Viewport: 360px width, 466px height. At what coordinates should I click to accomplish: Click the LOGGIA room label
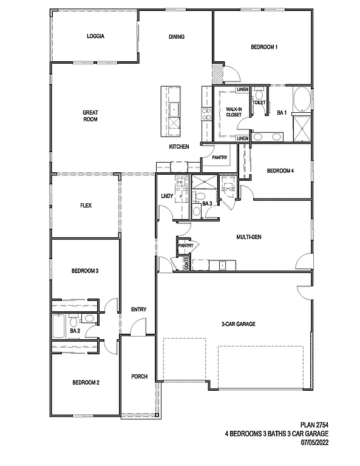[x=95, y=36]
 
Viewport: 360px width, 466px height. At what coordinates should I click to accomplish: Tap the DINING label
[x=177, y=36]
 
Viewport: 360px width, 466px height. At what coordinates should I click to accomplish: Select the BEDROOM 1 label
[x=264, y=47]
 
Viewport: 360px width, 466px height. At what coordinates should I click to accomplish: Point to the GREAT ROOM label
[x=90, y=115]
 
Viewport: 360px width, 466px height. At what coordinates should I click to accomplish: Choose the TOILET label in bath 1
[x=259, y=103]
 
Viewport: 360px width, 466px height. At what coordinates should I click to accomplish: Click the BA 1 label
[x=281, y=112]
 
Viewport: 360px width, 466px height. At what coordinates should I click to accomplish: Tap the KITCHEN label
[x=179, y=147]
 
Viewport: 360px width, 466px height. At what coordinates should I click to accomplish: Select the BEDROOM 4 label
[x=280, y=171]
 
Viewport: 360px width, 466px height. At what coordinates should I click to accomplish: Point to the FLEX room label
[x=86, y=206]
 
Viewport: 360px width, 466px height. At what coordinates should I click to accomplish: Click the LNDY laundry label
[x=167, y=196]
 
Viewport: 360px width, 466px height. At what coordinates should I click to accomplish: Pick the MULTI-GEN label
[x=249, y=237]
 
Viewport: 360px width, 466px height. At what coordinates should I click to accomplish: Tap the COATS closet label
[x=186, y=263]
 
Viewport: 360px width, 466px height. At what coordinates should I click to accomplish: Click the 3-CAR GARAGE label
[x=238, y=324]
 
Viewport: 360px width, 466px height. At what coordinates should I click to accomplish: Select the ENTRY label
[x=138, y=309]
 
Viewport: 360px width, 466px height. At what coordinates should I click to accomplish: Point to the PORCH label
[x=140, y=377]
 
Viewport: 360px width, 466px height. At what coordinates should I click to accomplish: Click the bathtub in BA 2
[x=59, y=326]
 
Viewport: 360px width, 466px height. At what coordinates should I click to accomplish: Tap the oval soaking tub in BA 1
[x=301, y=100]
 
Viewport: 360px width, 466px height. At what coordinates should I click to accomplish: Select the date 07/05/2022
[x=316, y=442]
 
